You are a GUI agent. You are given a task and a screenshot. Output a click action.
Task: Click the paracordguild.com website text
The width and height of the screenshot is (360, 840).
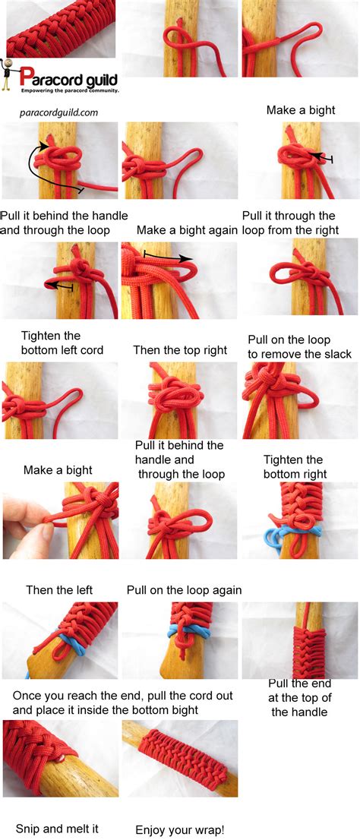(58, 112)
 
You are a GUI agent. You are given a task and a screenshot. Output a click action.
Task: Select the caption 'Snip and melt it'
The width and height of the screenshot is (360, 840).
(58, 829)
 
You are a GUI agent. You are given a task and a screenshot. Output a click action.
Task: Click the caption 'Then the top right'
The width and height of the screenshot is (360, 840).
(180, 350)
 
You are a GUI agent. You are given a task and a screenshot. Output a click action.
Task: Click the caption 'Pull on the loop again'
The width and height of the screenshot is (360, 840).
(185, 589)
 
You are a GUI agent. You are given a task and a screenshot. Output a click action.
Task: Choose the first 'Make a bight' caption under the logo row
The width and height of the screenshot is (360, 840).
(301, 110)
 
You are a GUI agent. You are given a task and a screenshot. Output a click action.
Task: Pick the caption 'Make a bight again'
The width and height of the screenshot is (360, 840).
(187, 229)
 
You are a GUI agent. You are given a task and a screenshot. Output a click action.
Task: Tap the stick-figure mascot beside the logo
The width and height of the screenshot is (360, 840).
(10, 77)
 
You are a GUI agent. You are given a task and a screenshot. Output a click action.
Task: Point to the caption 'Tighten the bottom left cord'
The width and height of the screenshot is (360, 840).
(62, 343)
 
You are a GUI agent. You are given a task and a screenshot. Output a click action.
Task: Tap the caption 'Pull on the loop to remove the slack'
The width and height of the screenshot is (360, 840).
(300, 346)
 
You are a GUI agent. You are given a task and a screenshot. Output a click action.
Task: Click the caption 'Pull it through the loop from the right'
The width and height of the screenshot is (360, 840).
(289, 223)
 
